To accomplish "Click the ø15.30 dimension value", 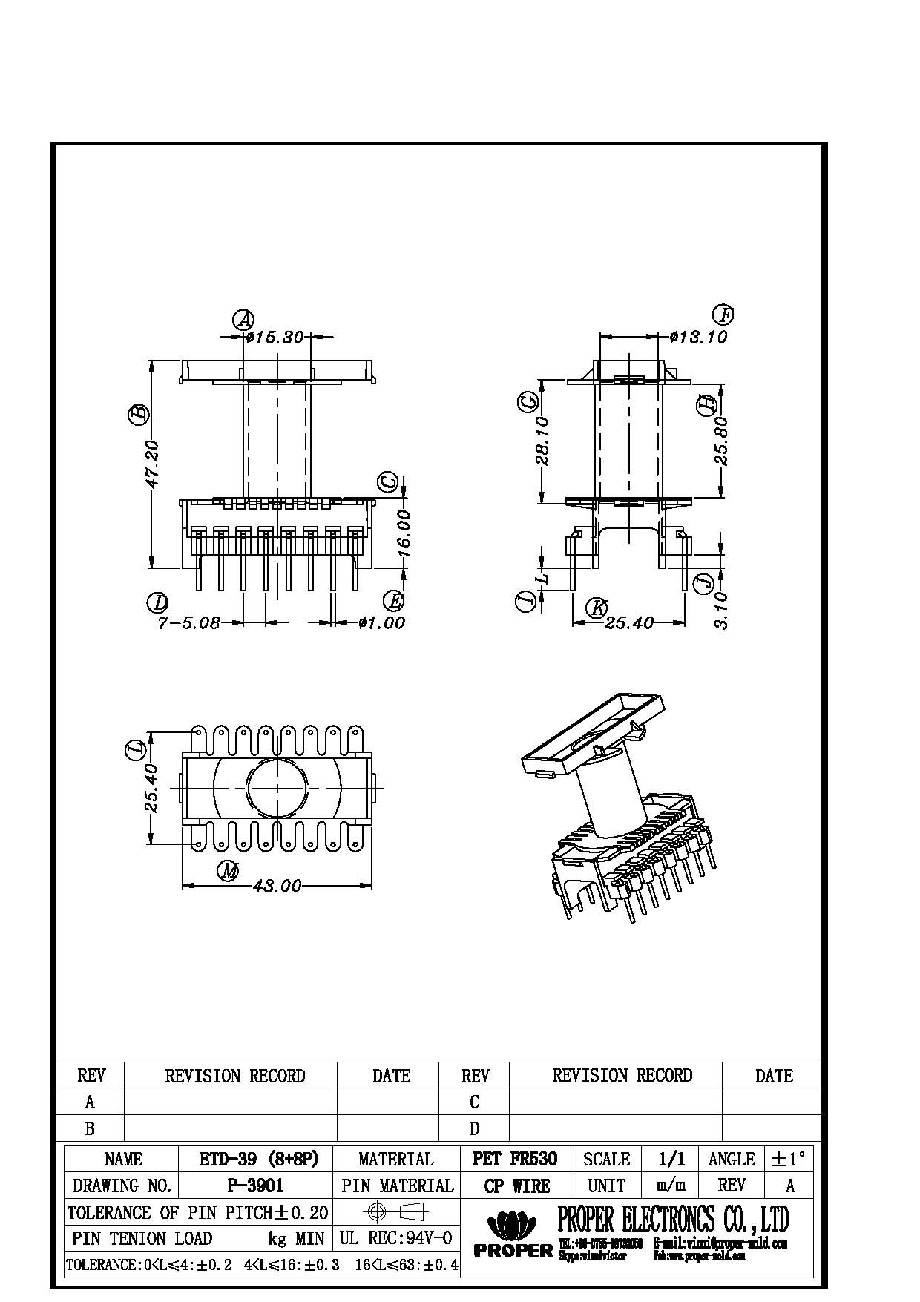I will (x=275, y=338).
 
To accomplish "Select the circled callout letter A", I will (x=243, y=320).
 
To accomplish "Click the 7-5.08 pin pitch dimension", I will (x=188, y=623).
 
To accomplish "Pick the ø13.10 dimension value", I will (x=698, y=338).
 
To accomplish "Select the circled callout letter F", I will (x=723, y=315).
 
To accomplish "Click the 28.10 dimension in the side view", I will (x=542, y=440).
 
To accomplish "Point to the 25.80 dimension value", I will (x=722, y=441).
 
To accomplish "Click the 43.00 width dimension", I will (x=277, y=886).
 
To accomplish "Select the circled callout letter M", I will (x=229, y=871).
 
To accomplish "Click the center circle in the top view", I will (x=277, y=786).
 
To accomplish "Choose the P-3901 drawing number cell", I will (x=255, y=1186).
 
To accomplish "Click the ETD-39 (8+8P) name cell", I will (x=255, y=1159).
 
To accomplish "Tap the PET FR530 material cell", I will (x=515, y=1159).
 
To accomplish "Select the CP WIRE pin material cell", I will (x=515, y=1186).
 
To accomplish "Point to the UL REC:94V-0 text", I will (x=396, y=1238).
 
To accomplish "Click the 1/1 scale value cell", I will (x=671, y=1159).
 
